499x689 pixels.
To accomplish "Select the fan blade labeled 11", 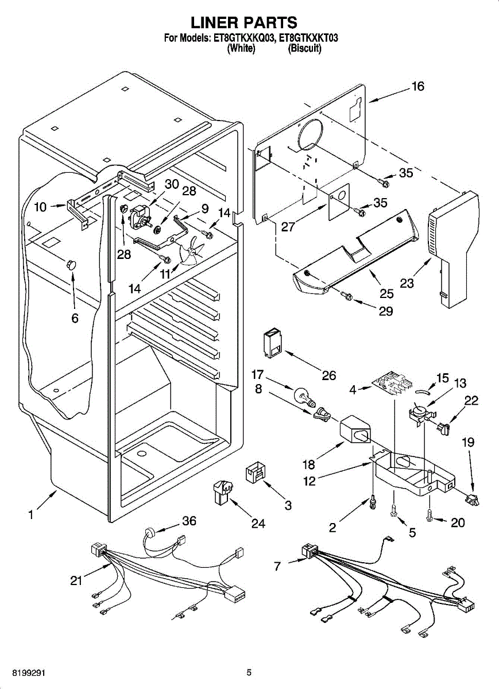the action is click(191, 249).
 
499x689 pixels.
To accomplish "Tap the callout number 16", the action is click(419, 87).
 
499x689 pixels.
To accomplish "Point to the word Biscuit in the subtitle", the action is click(305, 48).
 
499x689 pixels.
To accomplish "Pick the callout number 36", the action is click(189, 521).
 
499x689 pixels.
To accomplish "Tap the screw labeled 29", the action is click(347, 296).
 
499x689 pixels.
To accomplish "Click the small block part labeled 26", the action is click(273, 343).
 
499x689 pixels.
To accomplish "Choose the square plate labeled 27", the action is click(339, 202).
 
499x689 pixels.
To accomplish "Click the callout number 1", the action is click(31, 514).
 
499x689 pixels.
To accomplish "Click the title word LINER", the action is click(213, 22).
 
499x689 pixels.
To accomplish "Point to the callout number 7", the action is click(277, 566).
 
